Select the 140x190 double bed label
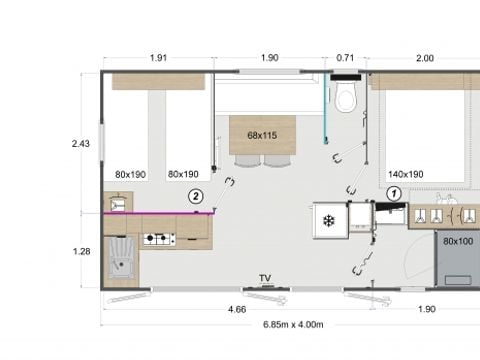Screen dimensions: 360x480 click(405, 174)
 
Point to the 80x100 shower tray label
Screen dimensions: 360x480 click(458, 240)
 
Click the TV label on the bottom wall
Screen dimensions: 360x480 click(265, 278)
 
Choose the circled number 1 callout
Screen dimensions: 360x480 click(394, 192)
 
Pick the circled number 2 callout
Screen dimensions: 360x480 click(196, 197)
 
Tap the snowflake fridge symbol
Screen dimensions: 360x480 click(326, 220)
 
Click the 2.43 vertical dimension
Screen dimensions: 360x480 click(81, 144)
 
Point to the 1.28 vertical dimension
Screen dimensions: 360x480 click(81, 251)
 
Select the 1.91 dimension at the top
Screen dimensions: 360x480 click(158, 58)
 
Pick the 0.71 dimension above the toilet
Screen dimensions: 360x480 click(345, 58)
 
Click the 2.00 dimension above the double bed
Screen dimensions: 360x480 click(425, 58)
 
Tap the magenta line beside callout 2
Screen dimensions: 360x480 click(160, 213)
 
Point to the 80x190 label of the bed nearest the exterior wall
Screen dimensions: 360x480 click(130, 174)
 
